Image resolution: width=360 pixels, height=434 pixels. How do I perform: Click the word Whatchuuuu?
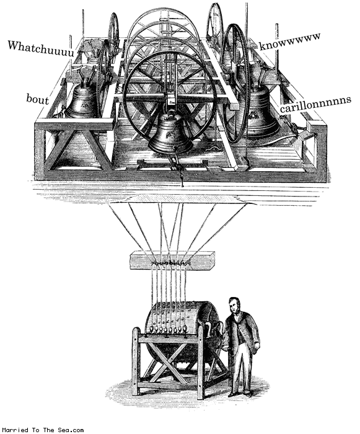click(x=41, y=49)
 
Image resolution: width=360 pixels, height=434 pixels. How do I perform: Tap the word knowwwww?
click(x=290, y=42)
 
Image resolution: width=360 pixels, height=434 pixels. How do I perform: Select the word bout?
click(x=37, y=99)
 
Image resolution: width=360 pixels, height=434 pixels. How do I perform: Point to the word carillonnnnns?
click(x=315, y=104)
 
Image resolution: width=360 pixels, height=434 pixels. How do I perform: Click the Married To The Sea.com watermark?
click(x=42, y=430)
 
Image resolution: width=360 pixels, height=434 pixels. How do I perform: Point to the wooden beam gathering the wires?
click(x=173, y=260)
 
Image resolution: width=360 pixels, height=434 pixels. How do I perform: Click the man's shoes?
click(x=240, y=394)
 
